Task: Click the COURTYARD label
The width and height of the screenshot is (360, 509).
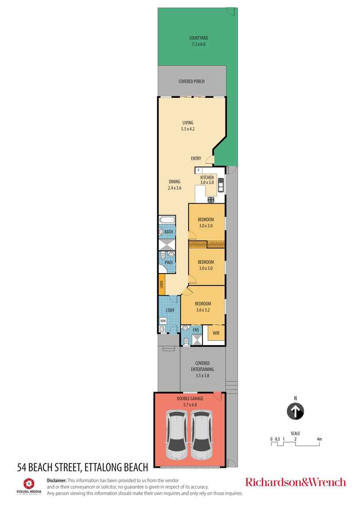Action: [x=198, y=38]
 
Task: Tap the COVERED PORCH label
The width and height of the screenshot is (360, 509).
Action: [x=191, y=81]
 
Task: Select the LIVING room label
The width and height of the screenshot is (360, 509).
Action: [x=187, y=123]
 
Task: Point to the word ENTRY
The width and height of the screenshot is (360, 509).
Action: [x=196, y=158]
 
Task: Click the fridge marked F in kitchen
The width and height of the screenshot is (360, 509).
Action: [x=199, y=170]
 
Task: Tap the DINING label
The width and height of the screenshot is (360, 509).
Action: [x=174, y=181]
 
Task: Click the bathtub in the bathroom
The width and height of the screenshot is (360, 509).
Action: [x=167, y=220]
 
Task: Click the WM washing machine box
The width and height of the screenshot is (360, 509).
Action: [x=163, y=320]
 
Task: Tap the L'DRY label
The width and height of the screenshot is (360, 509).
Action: [x=170, y=310]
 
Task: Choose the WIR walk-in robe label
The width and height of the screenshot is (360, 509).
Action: [x=216, y=333]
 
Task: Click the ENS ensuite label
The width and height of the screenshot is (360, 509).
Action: [x=196, y=330]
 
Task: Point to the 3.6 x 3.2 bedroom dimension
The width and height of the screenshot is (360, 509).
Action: [x=202, y=310]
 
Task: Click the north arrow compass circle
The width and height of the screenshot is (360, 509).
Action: [x=295, y=411]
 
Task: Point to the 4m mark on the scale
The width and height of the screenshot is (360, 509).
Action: [x=319, y=439]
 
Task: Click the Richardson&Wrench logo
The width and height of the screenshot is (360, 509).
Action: [x=295, y=482]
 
